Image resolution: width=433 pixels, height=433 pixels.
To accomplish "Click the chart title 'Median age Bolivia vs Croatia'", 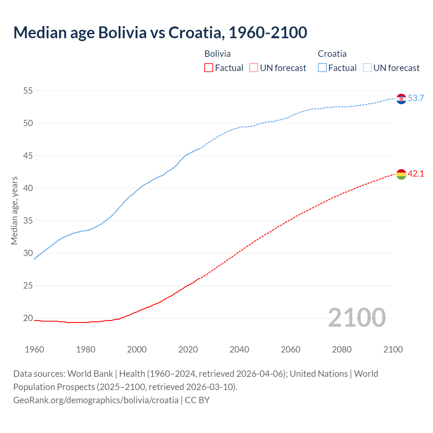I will pyautogui.click(x=160, y=32).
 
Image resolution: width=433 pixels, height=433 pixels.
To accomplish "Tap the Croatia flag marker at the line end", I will pyautogui.click(x=401, y=99).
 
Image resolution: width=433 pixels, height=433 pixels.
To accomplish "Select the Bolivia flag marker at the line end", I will pyautogui.click(x=401, y=174).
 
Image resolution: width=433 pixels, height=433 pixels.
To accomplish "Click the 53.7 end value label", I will pyautogui.click(x=416, y=98).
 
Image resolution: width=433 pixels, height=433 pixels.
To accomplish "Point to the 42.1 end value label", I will pyautogui.click(x=416, y=174).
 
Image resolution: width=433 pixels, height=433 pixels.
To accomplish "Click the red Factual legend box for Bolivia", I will pyautogui.click(x=209, y=68).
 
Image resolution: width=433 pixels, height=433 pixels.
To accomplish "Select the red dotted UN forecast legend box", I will pyautogui.click(x=254, y=68).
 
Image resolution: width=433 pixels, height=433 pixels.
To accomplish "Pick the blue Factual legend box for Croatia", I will pyautogui.click(x=322, y=68).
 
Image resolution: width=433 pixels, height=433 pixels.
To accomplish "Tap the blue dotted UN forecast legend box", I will pyautogui.click(x=367, y=68).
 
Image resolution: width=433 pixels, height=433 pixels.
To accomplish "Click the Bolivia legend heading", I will pyautogui.click(x=218, y=54).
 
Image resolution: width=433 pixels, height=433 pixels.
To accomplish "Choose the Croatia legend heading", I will pyautogui.click(x=332, y=54).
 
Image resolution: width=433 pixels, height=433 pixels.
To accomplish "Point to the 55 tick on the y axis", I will pyautogui.click(x=28, y=91).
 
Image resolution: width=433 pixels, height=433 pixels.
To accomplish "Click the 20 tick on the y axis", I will pyautogui.click(x=28, y=318).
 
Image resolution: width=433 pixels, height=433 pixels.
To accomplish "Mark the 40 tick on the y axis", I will pyautogui.click(x=28, y=188).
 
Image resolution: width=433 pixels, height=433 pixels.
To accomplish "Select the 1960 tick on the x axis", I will pyautogui.click(x=35, y=349).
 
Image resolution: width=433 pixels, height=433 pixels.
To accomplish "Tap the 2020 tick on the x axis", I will pyautogui.click(x=188, y=349).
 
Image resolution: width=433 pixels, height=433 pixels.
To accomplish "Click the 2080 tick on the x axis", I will pyautogui.click(x=342, y=349).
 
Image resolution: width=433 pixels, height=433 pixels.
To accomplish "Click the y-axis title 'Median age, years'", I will pyautogui.click(x=14, y=210).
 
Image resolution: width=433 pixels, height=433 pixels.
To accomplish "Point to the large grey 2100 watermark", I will pyautogui.click(x=357, y=317).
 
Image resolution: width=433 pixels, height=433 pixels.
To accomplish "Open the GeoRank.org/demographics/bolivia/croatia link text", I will pyautogui.click(x=96, y=400).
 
